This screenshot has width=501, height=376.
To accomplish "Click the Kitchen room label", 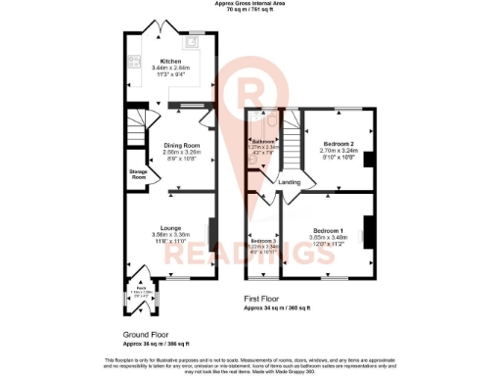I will click(171, 61).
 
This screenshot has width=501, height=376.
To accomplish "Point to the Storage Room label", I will click(138, 175).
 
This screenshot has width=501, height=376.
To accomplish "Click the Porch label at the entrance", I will click(143, 290).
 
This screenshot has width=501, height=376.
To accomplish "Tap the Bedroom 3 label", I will click(262, 240).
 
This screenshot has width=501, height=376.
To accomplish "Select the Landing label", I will click(290, 182).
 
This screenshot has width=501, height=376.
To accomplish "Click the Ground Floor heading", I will click(142, 334).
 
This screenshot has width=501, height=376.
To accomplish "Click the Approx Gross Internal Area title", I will click(250, 4).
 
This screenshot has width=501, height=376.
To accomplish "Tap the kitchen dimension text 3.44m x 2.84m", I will click(171, 69).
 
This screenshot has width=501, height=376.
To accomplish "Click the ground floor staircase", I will click(138, 126).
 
